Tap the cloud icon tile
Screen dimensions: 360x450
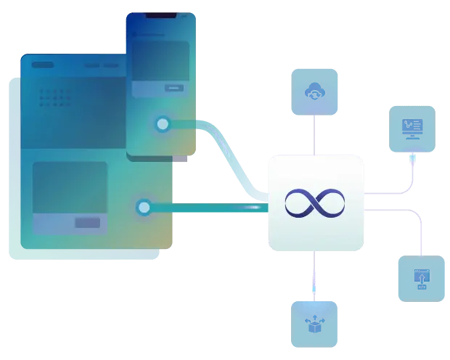coord(314,92)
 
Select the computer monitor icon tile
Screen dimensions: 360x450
coord(413,128)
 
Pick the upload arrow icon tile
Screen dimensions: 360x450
coord(421,277)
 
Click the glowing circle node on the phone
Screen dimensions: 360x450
coord(163,125)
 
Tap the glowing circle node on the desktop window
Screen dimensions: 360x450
coord(144,208)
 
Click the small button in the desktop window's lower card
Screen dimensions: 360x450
coord(89,223)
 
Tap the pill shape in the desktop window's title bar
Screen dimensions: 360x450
coord(42,65)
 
